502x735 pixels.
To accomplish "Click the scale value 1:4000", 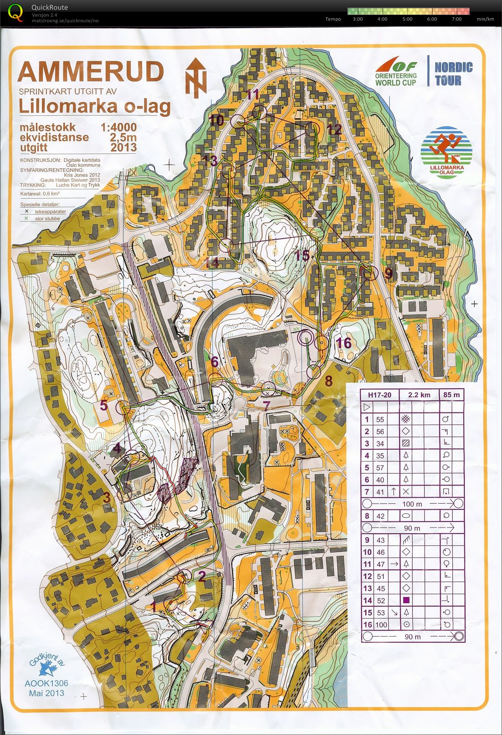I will coord(118,128).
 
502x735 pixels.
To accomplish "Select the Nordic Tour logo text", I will coord(454,73).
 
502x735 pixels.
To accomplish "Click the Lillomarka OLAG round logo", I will coord(446,153).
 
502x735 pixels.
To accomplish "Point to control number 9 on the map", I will coord(388,273).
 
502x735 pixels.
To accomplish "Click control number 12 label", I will coord(335,130).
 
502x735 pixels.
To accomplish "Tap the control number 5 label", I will coord(104,405).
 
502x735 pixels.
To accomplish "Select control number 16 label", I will coord(343,343).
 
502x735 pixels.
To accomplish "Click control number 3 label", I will coord(107,498).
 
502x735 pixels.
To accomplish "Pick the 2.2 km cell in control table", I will coord(419,395).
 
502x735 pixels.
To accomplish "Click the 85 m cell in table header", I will coord(451,395).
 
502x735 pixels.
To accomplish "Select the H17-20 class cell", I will coord(379,395).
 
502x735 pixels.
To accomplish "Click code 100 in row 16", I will coord(381,625).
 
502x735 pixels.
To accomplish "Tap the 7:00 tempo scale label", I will coord(456,19).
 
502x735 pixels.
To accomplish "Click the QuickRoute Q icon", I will coord(15,12).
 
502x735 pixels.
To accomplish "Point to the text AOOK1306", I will coord(46,683).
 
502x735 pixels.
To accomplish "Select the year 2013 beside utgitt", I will coord(123,147).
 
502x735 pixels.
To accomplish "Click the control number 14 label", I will coord(212,263).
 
